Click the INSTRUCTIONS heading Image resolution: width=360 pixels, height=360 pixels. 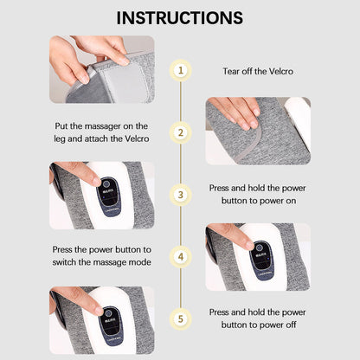180,17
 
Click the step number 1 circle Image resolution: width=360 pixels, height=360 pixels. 180,70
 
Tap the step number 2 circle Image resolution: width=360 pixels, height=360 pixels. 180,132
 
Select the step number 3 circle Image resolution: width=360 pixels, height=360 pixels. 180,195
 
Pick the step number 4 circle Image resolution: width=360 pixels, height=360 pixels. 180,257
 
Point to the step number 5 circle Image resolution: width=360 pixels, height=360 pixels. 180,318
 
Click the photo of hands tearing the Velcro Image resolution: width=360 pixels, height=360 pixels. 101,68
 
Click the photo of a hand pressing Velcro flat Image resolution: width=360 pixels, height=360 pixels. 257,131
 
